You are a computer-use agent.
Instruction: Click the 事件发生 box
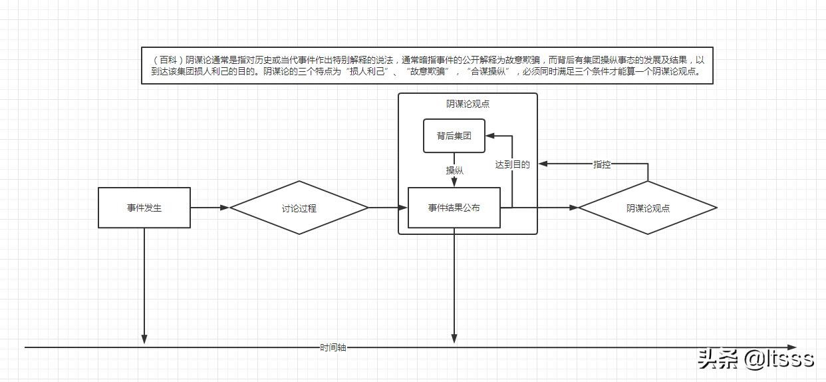click(144, 208)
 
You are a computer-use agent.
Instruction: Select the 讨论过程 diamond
click(299, 208)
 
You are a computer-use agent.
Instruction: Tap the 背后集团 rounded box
click(454, 136)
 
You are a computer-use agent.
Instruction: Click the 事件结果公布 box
click(454, 208)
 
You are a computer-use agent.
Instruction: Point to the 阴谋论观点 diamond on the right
click(648, 208)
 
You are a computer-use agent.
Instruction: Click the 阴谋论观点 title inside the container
click(468, 104)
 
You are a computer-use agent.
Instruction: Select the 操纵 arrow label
click(454, 170)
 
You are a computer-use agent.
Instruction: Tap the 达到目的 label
click(512, 164)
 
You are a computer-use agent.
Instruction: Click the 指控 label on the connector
click(602, 164)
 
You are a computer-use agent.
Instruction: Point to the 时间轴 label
click(333, 347)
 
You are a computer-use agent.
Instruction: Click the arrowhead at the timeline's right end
click(791, 347)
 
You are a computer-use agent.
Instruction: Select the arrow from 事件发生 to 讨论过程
click(209, 208)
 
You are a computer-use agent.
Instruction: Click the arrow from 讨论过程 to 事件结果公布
click(388, 208)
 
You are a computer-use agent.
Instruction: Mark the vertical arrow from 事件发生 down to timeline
click(144, 286)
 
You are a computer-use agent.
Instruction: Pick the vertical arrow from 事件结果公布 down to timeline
click(454, 286)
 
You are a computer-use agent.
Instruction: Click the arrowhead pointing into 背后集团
click(490, 136)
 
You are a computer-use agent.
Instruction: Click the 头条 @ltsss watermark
click(755, 359)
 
